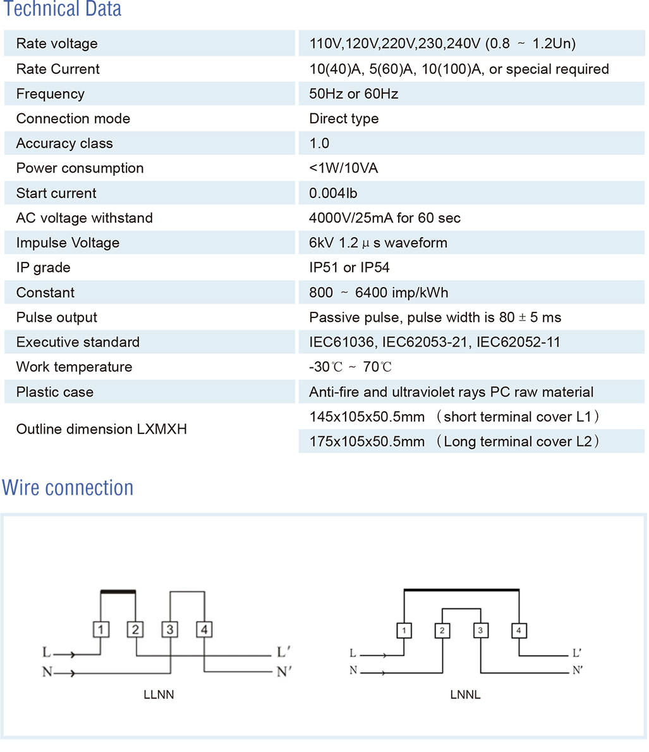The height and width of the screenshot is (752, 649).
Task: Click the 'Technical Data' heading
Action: click(x=63, y=9)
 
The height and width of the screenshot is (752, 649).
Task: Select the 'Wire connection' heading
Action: click(x=68, y=488)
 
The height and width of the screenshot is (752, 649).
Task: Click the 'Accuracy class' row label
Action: click(x=64, y=144)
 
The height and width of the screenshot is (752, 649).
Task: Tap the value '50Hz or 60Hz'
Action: click(x=353, y=94)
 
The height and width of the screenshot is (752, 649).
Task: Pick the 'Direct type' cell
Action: click(x=344, y=119)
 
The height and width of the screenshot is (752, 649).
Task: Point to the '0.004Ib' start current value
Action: click(x=333, y=194)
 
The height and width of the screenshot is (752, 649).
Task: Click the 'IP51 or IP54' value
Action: click(x=349, y=268)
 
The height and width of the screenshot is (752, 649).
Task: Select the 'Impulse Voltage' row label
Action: click(x=68, y=243)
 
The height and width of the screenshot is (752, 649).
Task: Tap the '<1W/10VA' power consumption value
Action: click(x=343, y=168)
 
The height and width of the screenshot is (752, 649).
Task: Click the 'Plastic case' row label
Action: click(x=55, y=392)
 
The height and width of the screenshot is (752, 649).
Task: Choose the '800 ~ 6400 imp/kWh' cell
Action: click(x=379, y=293)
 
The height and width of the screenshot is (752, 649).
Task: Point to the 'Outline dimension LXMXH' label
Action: click(x=101, y=429)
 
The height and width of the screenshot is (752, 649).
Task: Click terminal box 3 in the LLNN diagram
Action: click(x=170, y=629)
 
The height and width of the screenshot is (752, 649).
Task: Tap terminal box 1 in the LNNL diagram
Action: click(x=404, y=631)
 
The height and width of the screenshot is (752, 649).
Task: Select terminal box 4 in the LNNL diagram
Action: click(x=518, y=631)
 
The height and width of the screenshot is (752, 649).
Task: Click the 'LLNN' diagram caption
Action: click(x=159, y=694)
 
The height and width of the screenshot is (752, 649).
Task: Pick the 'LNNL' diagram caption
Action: click(x=465, y=694)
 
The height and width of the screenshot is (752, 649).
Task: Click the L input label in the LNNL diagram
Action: click(x=353, y=653)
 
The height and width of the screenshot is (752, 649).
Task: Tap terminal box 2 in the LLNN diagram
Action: click(x=135, y=629)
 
